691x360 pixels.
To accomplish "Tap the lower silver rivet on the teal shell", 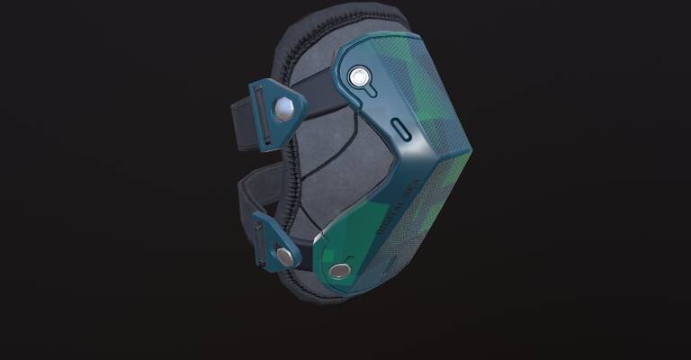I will click(339, 270).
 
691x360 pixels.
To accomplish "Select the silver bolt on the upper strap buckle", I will click(284, 110).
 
